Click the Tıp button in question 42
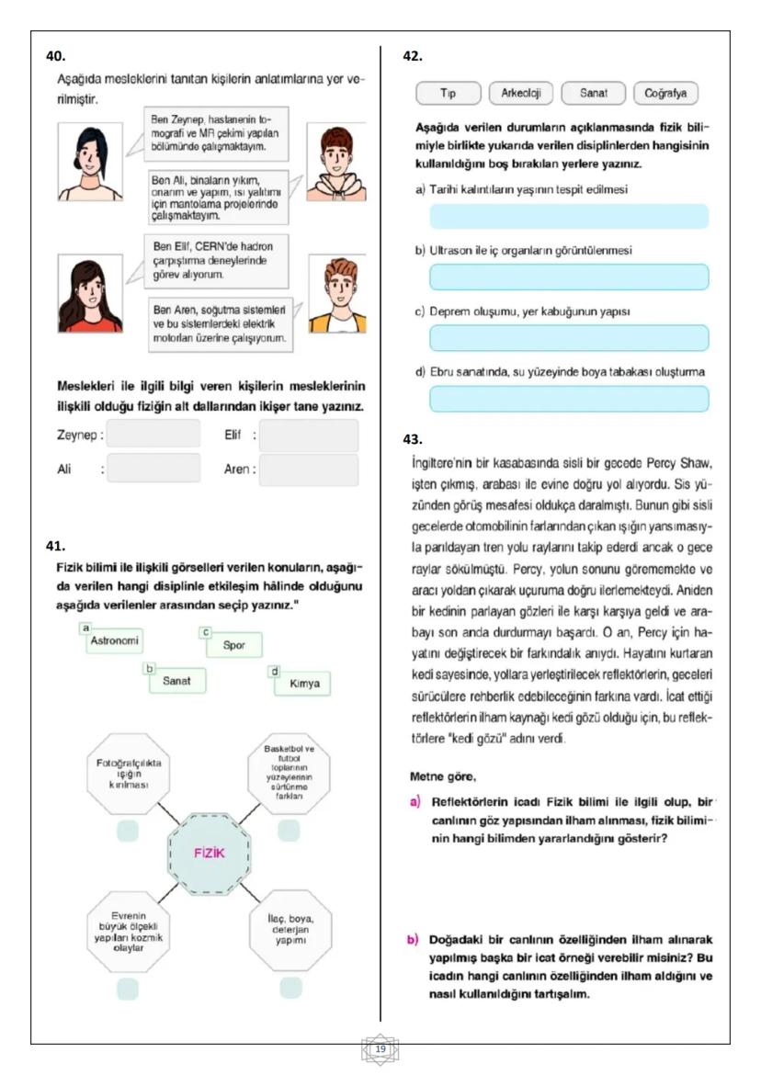449,94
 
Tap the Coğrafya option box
665,94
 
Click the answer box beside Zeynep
153,434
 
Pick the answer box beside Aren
309,470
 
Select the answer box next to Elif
309,435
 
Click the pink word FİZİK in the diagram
210,852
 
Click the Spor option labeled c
233,644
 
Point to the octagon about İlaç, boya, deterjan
290,934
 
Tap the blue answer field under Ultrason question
569,277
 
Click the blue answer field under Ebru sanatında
569,399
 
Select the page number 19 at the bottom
380,1048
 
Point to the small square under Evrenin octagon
128,990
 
